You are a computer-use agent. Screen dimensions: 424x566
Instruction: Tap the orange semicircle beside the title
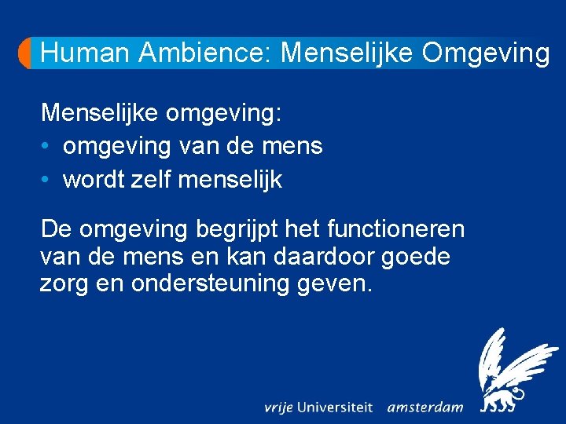[26, 53]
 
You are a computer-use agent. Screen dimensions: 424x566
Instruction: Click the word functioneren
[395, 230]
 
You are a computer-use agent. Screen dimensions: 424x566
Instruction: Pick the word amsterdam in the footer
[425, 408]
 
